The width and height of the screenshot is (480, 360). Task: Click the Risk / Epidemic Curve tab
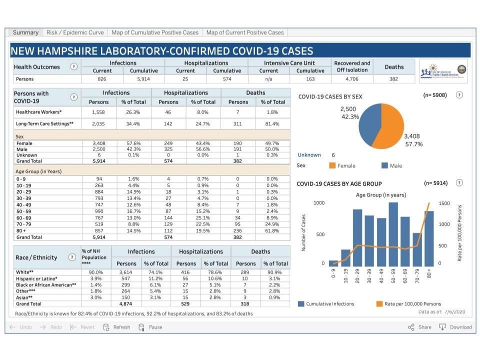click(75, 32)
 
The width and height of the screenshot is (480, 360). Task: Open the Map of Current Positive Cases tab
click(244, 32)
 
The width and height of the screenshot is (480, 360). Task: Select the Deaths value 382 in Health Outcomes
click(394, 79)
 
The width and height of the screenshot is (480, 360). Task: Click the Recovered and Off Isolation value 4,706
click(352, 79)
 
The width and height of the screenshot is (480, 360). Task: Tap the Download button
click(455, 327)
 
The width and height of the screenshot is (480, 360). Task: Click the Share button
click(419, 327)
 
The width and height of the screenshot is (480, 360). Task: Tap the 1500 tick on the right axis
click(444, 203)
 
